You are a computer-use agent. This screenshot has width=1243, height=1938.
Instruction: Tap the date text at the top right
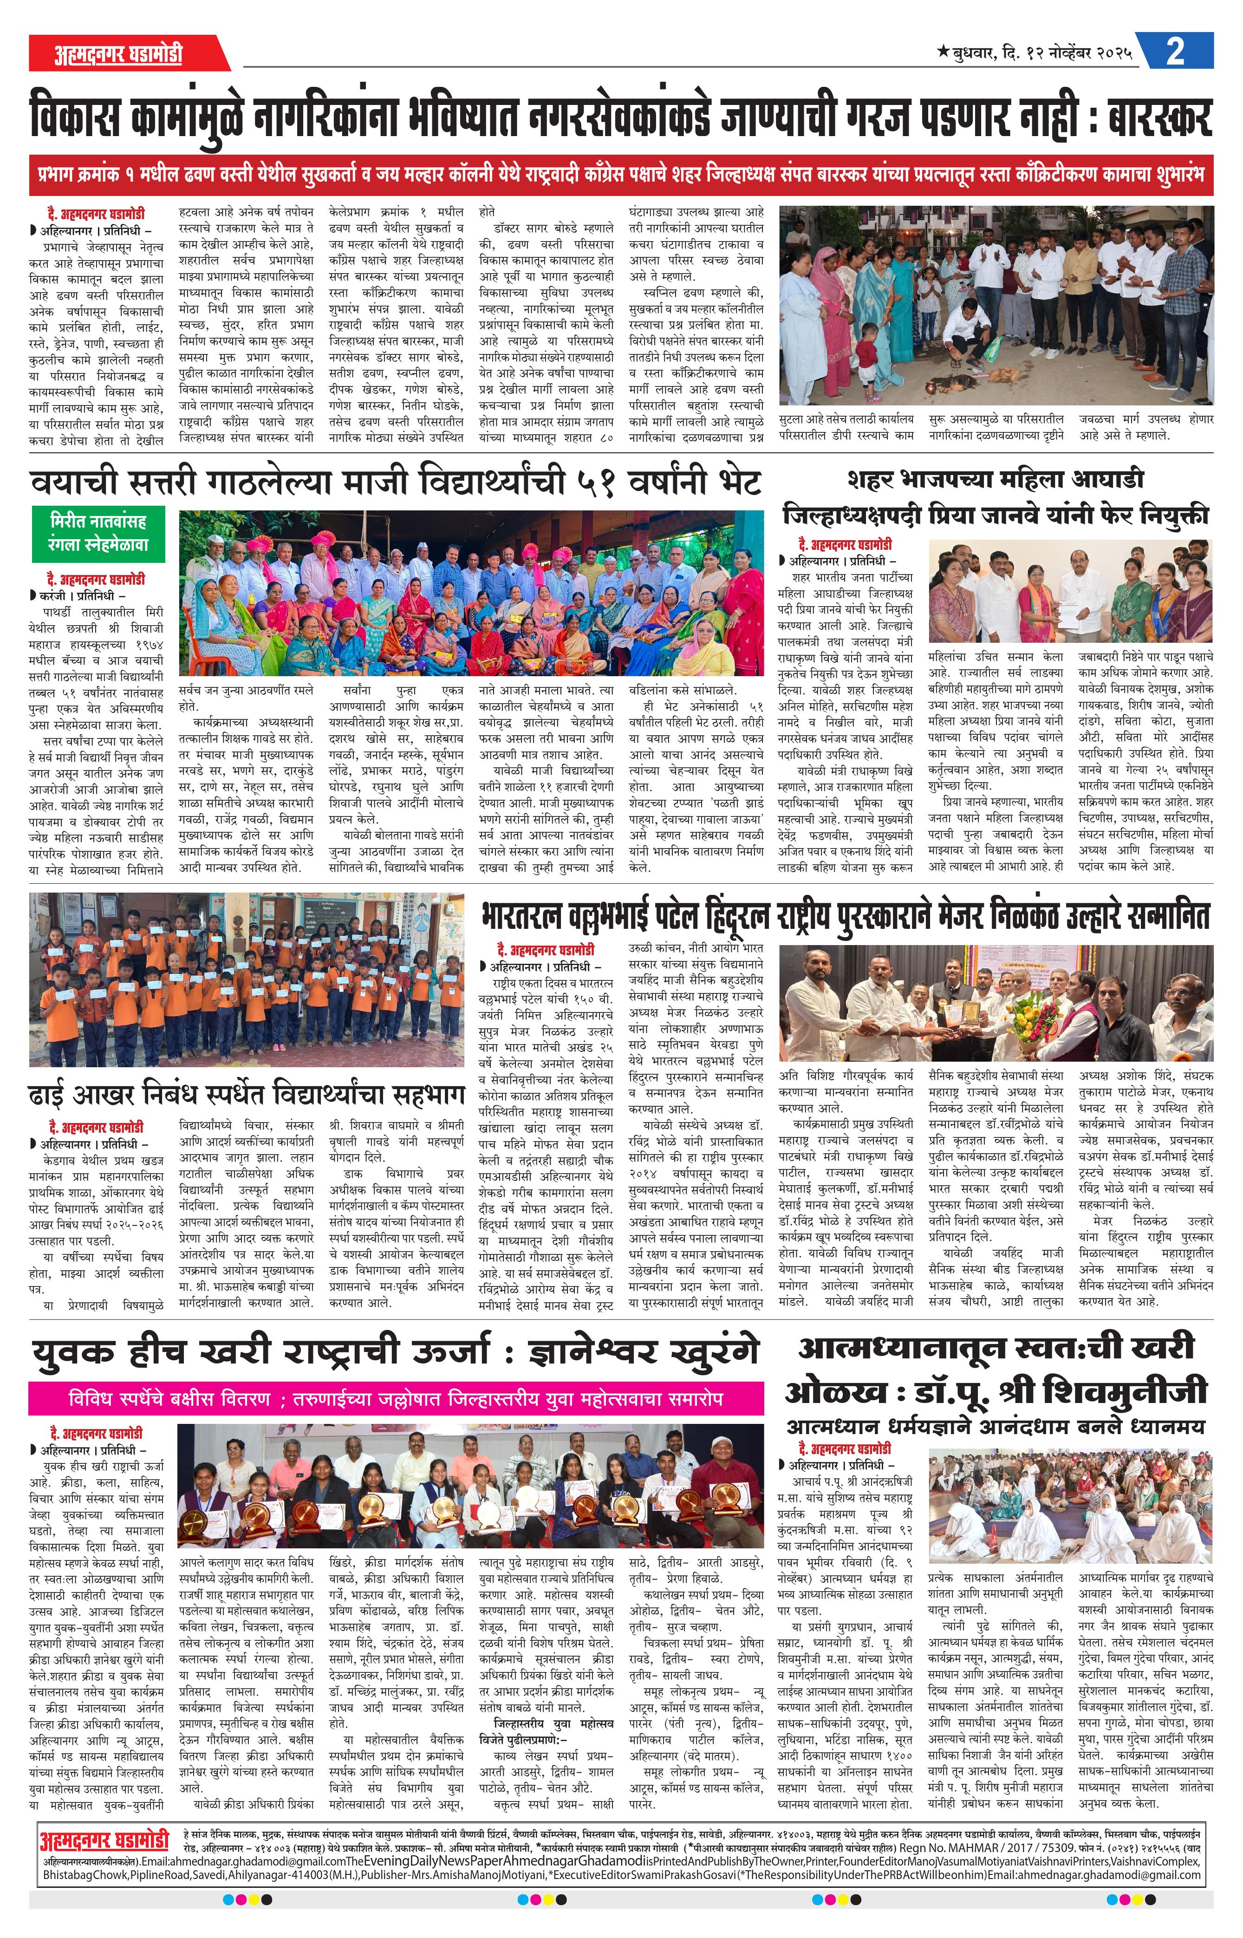1035,53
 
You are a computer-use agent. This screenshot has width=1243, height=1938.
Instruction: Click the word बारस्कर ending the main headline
1159,118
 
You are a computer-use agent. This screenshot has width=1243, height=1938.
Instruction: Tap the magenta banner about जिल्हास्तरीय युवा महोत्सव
396,1398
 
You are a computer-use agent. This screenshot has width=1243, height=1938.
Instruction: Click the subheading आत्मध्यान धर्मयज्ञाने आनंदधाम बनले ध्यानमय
995,1425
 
